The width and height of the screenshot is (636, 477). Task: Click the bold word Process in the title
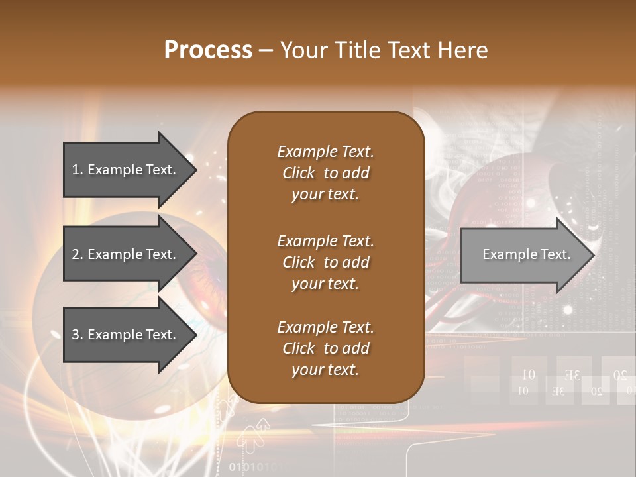pos(208,50)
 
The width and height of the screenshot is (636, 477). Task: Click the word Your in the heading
pos(304,50)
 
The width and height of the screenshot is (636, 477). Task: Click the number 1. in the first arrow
pos(78,170)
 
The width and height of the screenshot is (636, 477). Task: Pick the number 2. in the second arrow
pos(78,254)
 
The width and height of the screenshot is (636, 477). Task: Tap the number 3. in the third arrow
pos(78,335)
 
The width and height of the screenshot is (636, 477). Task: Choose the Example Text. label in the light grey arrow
pos(526,254)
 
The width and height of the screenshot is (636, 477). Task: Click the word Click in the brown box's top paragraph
pos(299,173)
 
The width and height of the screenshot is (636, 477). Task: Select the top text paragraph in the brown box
pos(325,173)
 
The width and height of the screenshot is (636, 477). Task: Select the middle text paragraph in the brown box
pos(325,262)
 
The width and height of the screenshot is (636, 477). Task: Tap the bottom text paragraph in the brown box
pos(325,348)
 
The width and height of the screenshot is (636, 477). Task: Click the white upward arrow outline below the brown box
pos(255,434)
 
